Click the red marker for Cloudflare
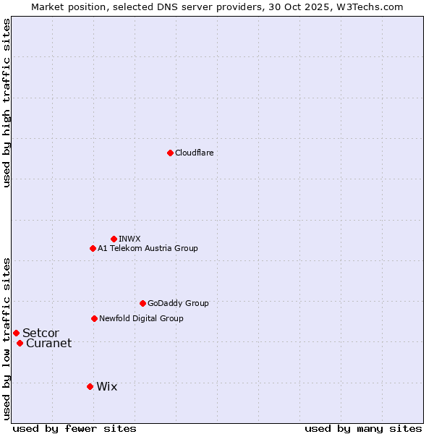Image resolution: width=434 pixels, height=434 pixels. tap(170, 153)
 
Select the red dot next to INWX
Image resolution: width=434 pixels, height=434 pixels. tap(114, 239)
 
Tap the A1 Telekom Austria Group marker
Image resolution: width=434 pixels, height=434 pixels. tap(93, 248)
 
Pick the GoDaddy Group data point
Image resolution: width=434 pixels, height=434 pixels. tap(142, 303)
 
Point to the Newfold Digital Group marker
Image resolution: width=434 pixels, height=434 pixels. tap(94, 318)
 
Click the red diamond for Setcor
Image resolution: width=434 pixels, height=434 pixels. tap(16, 333)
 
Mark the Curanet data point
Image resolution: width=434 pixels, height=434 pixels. tap(20, 343)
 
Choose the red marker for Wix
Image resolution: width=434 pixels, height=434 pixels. tap(90, 386)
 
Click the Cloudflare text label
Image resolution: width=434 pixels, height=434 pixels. tap(194, 153)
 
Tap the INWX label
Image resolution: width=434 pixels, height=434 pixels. tap(129, 239)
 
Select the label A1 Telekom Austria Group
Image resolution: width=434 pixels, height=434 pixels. tap(148, 248)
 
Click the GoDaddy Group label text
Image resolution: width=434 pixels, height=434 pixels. tap(178, 303)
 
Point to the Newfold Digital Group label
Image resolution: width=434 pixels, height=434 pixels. tap(141, 318)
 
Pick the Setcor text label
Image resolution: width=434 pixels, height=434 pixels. tap(41, 333)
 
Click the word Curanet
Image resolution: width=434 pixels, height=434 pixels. tap(48, 343)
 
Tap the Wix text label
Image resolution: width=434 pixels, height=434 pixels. tap(106, 386)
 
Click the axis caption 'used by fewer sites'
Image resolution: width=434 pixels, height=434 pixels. tap(75, 428)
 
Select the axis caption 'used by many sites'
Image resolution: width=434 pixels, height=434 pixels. tap(363, 428)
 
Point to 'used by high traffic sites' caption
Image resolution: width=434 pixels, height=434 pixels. tap(7, 103)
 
